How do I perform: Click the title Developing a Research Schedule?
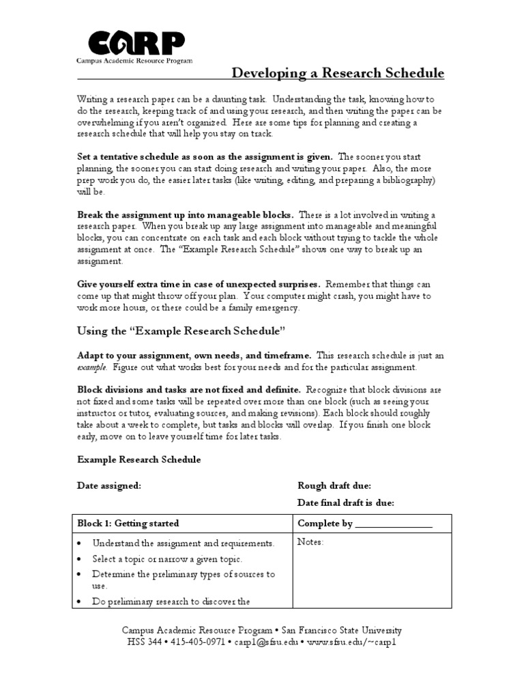[x=338, y=73]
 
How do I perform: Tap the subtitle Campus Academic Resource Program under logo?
[x=134, y=60]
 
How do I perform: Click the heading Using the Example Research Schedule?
[x=179, y=331]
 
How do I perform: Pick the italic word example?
[x=91, y=367]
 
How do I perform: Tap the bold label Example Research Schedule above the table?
[x=139, y=459]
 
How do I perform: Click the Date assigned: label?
[x=109, y=485]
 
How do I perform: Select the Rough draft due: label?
[x=334, y=485]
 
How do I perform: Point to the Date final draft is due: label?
[x=346, y=503]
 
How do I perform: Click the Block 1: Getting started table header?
[x=128, y=524]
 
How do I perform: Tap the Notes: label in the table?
[x=310, y=542]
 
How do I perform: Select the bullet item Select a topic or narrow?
[x=167, y=559]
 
